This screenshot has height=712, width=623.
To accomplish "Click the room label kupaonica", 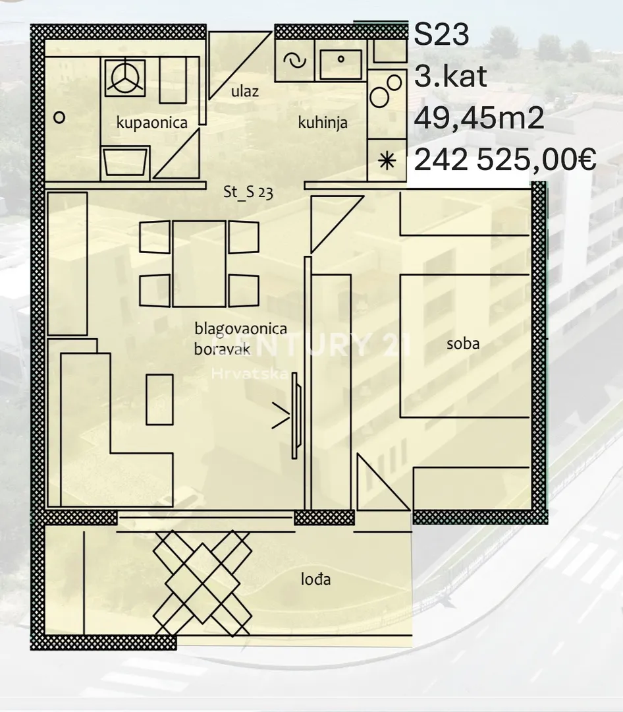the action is (151, 122).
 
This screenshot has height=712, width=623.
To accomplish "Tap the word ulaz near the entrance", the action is (245, 91).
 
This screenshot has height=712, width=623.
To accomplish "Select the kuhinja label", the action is (323, 122).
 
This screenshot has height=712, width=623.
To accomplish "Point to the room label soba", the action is (463, 343).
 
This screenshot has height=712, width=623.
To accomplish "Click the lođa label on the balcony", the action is (316, 579).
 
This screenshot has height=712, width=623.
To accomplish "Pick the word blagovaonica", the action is (240, 328).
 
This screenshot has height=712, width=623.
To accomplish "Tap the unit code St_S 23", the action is (248, 192).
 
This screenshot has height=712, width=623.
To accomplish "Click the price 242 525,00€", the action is (505, 160).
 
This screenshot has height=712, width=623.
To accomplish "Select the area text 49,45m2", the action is (479, 119).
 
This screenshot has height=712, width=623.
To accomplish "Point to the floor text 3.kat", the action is (450, 76).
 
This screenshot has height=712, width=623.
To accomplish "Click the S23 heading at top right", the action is (441, 34).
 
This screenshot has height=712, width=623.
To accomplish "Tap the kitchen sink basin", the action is (340, 65).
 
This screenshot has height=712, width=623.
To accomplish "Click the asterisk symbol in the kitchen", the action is (387, 161).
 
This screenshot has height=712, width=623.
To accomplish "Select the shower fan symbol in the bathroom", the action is (124, 78).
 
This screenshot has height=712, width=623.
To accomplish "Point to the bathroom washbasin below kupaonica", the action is (126, 163).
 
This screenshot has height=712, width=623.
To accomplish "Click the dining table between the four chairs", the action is (199, 264).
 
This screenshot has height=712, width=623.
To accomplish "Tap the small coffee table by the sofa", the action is (159, 400).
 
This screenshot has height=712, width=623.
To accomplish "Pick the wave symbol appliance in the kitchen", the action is (295, 61).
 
